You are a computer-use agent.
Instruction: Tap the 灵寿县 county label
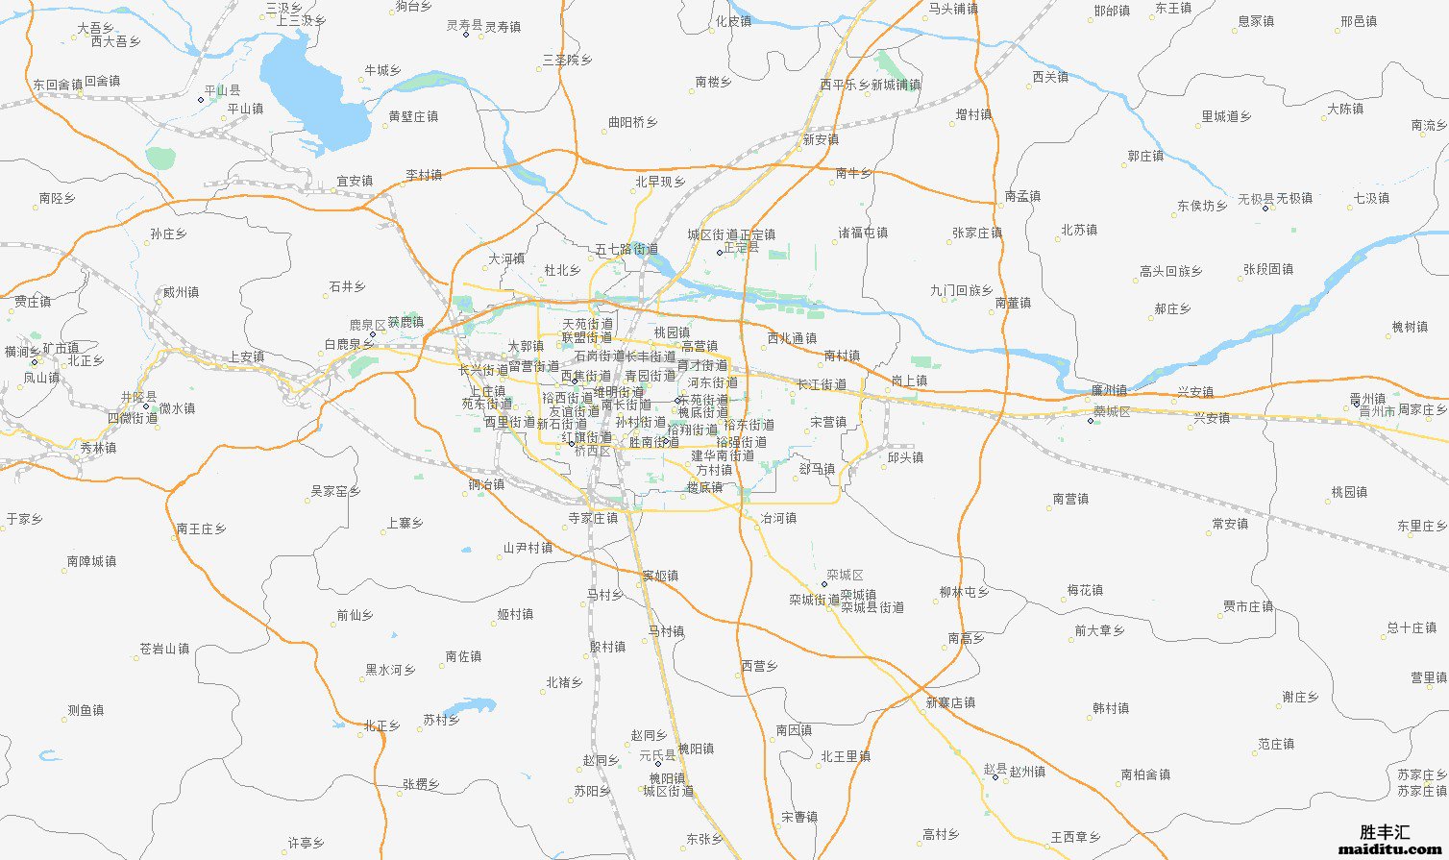[x=464, y=26]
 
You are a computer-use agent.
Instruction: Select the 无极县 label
[x=1255, y=199]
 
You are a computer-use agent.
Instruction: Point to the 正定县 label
[x=741, y=248]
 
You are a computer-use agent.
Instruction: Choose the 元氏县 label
[x=658, y=756]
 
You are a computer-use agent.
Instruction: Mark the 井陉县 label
[x=138, y=397]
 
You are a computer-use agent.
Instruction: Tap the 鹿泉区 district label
[x=366, y=326]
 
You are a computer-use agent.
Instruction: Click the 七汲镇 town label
[x=1371, y=198]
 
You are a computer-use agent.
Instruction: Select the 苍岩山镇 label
[x=164, y=649]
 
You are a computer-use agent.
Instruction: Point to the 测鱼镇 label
[x=86, y=711]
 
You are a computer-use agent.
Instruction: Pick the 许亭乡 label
[x=306, y=843]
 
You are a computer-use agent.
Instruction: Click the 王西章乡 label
[x=1075, y=838]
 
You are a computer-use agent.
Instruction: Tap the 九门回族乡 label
[x=961, y=290]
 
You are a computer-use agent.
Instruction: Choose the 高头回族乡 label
[x=1170, y=272]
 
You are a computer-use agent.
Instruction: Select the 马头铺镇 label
[x=953, y=9]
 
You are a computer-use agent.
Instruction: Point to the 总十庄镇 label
[x=1412, y=627]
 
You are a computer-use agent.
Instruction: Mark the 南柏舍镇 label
[x=1145, y=774]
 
